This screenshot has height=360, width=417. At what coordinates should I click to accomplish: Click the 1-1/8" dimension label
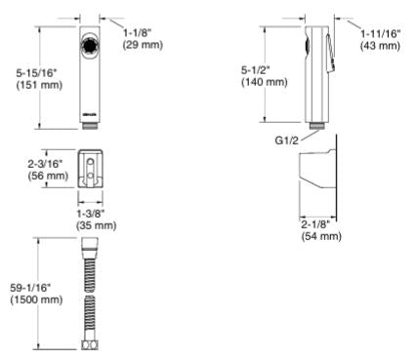pos(138,33)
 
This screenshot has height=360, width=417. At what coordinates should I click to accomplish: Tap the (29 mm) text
pos(143,45)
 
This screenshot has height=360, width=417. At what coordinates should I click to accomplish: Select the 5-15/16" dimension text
pos(36,73)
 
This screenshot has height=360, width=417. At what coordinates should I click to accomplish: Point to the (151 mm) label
pos(39,85)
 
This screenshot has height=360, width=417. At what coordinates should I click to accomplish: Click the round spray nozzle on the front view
pos(90,46)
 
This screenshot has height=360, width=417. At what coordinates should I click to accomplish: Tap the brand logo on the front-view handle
pos(90,114)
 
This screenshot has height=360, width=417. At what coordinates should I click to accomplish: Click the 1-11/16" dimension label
pos(380,33)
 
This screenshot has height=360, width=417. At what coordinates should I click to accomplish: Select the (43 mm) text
pos(380,45)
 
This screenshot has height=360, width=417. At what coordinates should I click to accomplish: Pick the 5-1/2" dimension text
pos(256,70)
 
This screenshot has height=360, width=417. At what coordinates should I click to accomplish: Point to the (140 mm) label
pos(265,82)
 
